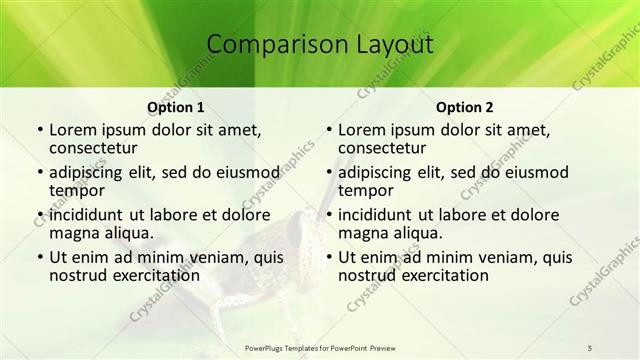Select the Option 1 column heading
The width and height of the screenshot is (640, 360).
coord(176,106)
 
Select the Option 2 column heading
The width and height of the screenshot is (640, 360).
coord(464,106)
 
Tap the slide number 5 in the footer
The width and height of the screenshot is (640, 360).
coord(590,347)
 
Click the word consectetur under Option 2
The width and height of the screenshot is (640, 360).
coord(385,149)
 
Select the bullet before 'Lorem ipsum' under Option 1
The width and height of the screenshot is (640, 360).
coord(39,131)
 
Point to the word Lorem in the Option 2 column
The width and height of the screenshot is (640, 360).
coord(363,130)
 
